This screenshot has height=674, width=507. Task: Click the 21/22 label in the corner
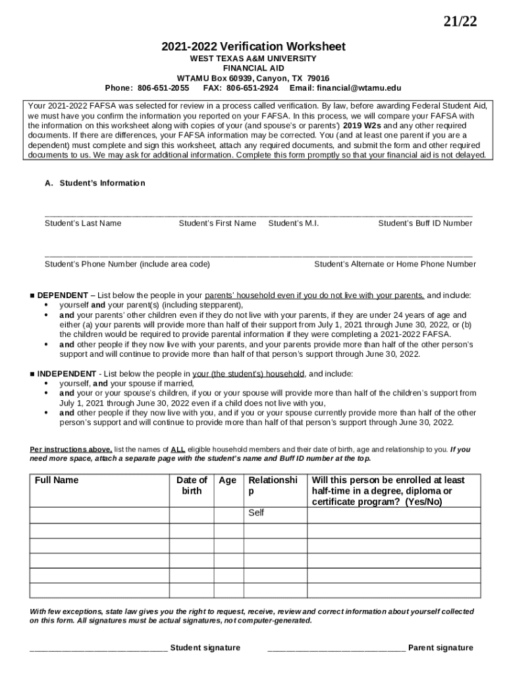pyautogui.click(x=459, y=22)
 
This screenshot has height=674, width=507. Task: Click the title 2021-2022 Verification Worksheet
pyautogui.click(x=254, y=47)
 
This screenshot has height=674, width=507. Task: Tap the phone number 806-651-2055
pyautogui.click(x=163, y=88)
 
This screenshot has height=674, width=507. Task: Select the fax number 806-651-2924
pyautogui.click(x=252, y=88)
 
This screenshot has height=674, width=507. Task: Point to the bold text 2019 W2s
pyautogui.click(x=362, y=125)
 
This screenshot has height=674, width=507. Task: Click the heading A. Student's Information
pyautogui.click(x=95, y=183)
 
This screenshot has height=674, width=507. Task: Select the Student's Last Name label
pyautogui.click(x=83, y=223)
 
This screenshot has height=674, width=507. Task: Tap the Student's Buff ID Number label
pyautogui.click(x=425, y=223)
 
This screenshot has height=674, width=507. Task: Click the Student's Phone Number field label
pyautogui.click(x=127, y=264)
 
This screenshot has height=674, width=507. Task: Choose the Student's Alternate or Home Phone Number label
pyautogui.click(x=394, y=264)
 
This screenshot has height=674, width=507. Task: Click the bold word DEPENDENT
pyautogui.click(x=63, y=296)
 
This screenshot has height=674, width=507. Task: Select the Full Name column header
pyautogui.click(x=57, y=480)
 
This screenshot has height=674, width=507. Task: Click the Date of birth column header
pyautogui.click(x=192, y=486)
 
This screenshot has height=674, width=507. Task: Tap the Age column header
pyautogui.click(x=227, y=480)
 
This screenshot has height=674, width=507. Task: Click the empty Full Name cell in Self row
pyautogui.click(x=99, y=513)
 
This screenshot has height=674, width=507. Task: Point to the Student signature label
pyautogui.click(x=205, y=648)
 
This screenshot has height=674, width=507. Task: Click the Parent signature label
pyautogui.click(x=440, y=648)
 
